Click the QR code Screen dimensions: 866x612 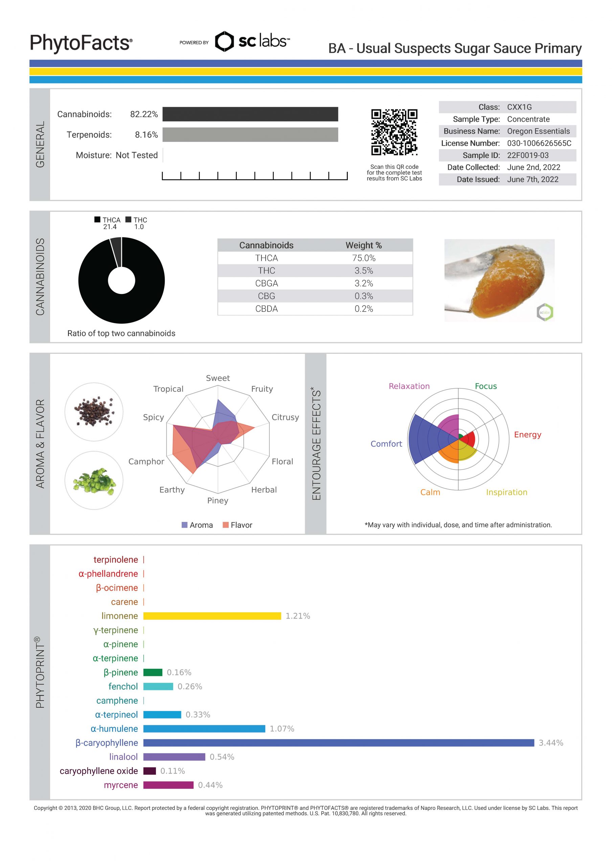[394, 132]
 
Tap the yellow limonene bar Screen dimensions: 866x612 [212, 616]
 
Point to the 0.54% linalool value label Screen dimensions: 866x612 [222, 757]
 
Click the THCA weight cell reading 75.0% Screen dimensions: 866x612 [363, 258]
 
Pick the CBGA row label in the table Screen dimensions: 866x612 [266, 283]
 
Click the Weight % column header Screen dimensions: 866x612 [363, 245]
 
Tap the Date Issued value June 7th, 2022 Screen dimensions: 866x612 [532, 179]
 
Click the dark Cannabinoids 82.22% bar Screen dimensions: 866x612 [250, 114]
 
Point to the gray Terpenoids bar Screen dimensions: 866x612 [250, 135]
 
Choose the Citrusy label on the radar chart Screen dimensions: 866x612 [285, 417]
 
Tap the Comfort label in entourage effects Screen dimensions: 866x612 [386, 443]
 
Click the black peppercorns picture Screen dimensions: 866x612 [94, 411]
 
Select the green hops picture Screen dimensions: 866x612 [94, 480]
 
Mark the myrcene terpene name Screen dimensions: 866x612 [121, 785]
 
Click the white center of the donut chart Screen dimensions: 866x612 [121, 280]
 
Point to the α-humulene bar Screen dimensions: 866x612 [204, 729]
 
